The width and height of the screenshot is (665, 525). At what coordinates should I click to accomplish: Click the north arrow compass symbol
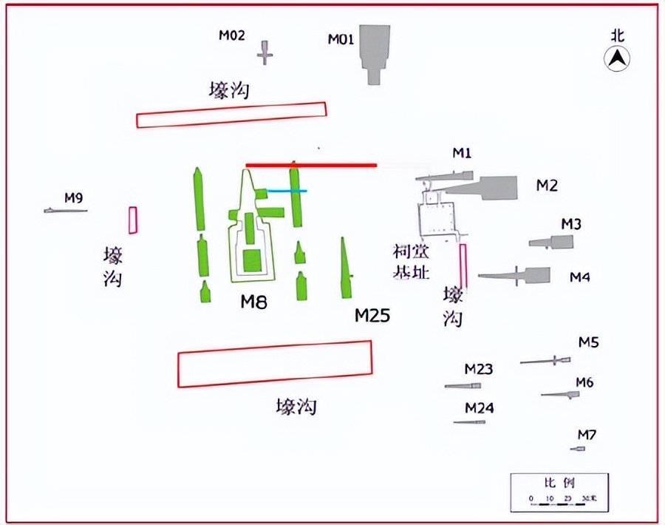tap(617, 58)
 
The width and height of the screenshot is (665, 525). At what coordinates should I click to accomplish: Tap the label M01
tap(342, 39)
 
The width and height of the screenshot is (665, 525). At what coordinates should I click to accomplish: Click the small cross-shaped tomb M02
tap(266, 53)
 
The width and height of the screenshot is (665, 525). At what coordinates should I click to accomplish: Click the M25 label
tap(372, 316)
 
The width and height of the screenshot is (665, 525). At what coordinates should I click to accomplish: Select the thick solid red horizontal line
tap(311, 165)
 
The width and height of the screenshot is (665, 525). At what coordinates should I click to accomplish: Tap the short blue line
tap(287, 191)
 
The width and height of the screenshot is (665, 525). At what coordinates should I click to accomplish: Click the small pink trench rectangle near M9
tap(133, 220)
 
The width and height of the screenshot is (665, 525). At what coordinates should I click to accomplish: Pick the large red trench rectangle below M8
tap(275, 364)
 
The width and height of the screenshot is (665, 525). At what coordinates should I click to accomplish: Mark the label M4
tap(580, 277)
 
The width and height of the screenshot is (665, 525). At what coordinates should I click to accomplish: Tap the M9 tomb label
tap(73, 197)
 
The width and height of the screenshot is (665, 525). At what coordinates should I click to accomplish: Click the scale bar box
tap(559, 492)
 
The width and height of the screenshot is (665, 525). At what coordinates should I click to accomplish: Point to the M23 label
tap(479, 369)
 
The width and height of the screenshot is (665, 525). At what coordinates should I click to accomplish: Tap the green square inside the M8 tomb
tap(253, 261)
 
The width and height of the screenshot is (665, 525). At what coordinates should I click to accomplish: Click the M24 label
tap(480, 408)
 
